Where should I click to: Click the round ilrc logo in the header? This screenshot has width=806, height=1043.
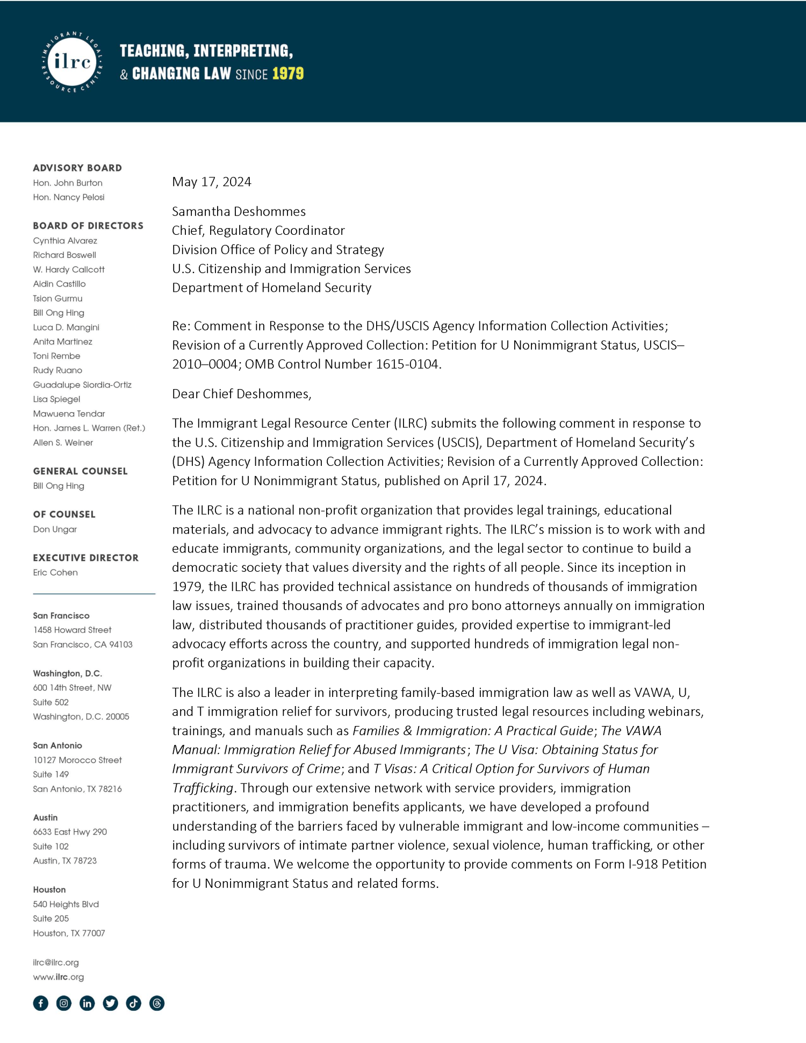72,62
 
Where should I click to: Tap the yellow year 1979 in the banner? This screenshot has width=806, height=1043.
287,74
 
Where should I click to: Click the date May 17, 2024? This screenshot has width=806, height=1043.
211,182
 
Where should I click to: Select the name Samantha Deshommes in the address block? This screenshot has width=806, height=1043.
239,211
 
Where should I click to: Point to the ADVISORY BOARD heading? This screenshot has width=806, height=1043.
77,168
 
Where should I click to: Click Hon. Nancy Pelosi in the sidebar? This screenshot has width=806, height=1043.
69,197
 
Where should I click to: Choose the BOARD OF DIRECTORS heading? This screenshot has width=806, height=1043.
88,226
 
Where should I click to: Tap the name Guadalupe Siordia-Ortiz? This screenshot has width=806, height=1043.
82,385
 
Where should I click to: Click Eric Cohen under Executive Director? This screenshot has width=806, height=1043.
55,572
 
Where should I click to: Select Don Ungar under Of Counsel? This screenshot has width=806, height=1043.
55,529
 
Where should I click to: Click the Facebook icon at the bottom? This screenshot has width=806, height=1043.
41,1003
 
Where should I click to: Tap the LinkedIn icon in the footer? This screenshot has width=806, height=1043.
87,1003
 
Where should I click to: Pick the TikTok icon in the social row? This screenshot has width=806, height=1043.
134,1003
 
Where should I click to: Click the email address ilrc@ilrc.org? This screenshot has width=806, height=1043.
56,962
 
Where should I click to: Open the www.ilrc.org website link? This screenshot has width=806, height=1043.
59,976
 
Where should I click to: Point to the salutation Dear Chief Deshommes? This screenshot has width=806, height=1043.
241,393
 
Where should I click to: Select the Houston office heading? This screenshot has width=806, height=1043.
49,889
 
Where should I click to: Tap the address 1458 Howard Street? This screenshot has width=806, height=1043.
72,630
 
